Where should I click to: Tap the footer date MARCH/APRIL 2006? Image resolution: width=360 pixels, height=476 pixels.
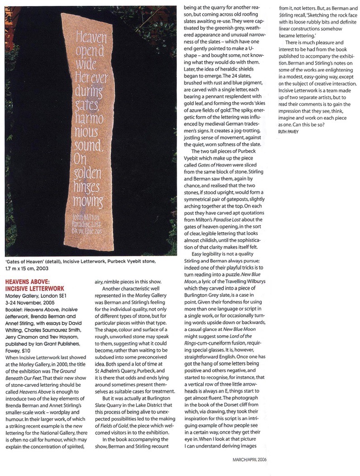point(250,457)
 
